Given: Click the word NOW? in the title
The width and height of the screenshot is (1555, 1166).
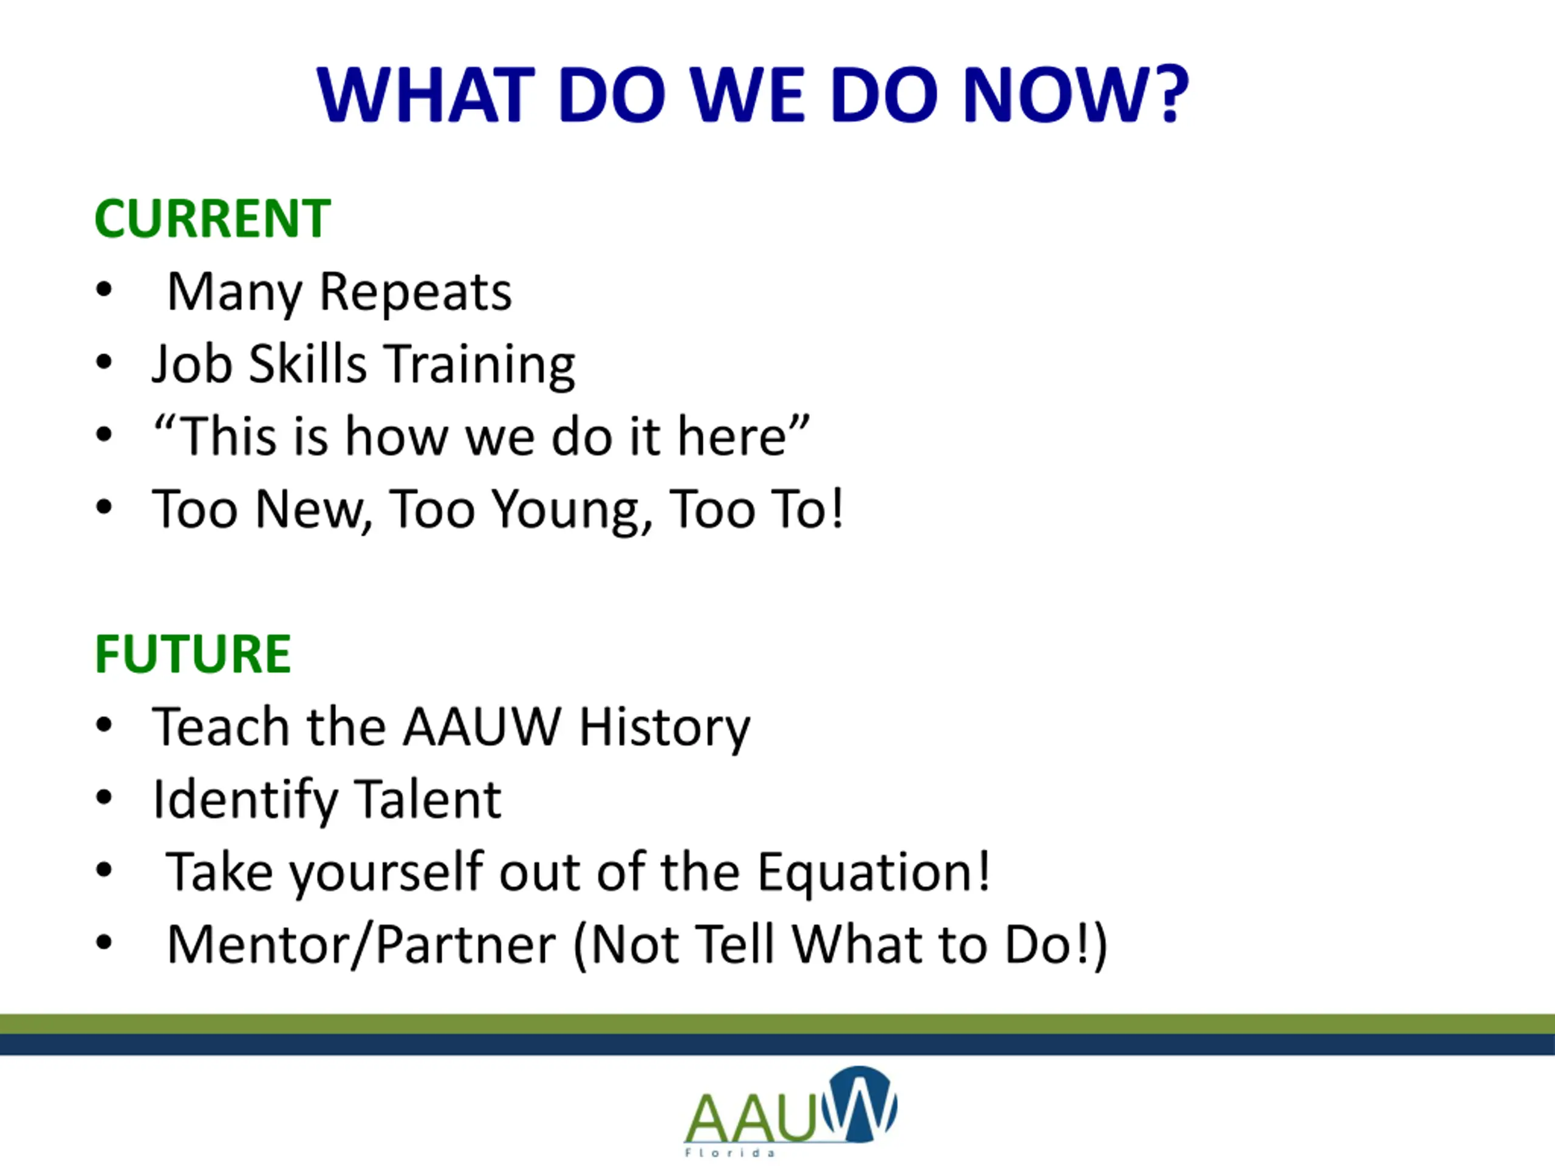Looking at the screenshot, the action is [x=1075, y=95].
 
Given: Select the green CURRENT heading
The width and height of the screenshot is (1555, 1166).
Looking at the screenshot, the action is [x=213, y=219].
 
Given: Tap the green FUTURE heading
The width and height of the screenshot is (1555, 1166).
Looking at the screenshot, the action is [x=193, y=653].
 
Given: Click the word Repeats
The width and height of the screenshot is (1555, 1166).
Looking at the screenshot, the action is [x=415, y=291].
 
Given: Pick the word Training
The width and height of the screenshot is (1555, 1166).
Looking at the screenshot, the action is [x=482, y=366].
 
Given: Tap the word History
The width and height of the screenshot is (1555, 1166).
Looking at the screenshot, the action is [x=665, y=728].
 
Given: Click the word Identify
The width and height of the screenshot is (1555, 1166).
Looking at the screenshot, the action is [x=245, y=800].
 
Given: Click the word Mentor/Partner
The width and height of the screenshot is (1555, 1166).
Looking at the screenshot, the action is [x=361, y=944].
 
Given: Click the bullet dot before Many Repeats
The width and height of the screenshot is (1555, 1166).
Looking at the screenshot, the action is [x=104, y=290].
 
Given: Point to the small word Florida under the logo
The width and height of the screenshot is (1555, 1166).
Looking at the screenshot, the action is [x=730, y=1153].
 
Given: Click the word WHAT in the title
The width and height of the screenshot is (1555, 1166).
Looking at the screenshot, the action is [x=426, y=95].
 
